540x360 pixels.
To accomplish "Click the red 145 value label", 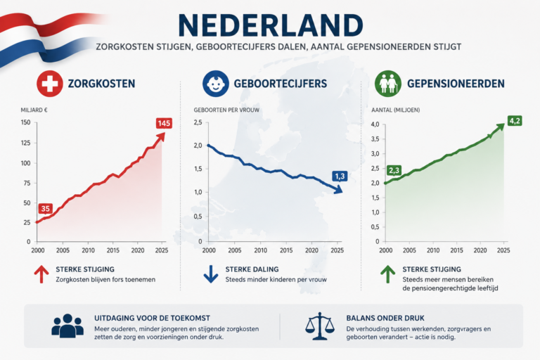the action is (x=164, y=123).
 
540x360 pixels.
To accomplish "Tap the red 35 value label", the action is (x=45, y=208).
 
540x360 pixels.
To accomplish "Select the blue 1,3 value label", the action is (x=340, y=176).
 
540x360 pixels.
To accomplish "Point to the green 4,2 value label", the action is (x=515, y=121).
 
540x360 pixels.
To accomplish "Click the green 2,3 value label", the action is (x=394, y=170).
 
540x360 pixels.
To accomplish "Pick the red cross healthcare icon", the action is (x=50, y=84).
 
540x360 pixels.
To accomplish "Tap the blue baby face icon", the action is (x=216, y=84).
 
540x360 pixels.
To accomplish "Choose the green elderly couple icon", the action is (x=388, y=84).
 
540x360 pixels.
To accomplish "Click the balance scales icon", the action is (x=320, y=326).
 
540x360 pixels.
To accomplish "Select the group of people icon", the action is (x=67, y=326).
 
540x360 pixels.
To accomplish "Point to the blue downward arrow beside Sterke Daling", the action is (x=211, y=274).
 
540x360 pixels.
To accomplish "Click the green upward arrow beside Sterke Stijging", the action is (x=388, y=274).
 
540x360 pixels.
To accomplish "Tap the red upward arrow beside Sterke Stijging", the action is (x=41, y=274).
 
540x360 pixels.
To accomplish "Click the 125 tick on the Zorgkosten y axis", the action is (x=25, y=143).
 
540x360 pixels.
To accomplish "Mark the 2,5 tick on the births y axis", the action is (x=198, y=122).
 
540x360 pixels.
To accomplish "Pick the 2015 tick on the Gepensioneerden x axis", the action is (x=456, y=250).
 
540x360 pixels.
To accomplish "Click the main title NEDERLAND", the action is (x=271, y=25).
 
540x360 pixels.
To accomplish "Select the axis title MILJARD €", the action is (x=34, y=110).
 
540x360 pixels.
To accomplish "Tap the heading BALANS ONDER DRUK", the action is (x=385, y=318).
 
